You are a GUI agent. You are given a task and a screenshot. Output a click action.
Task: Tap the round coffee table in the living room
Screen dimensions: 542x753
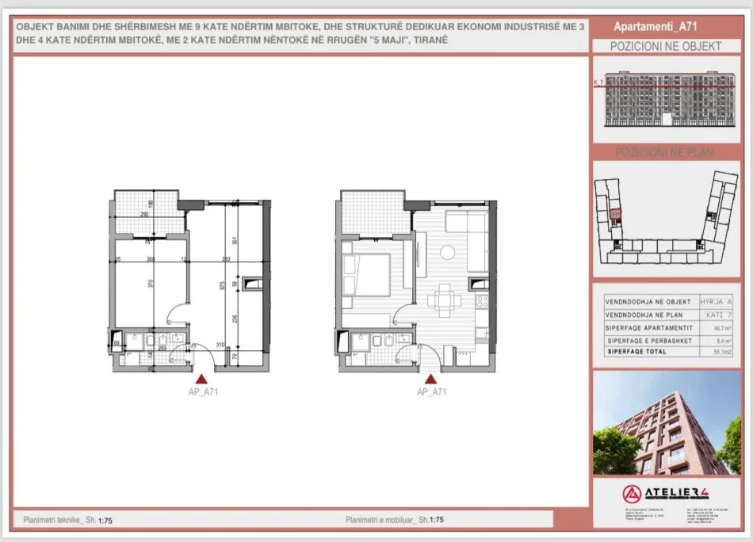pos(447,252)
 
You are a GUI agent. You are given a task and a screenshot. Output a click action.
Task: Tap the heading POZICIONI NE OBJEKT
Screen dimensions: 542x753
pos(666,47)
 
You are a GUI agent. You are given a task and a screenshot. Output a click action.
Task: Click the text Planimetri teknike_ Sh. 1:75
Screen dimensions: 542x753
pos(68,520)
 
